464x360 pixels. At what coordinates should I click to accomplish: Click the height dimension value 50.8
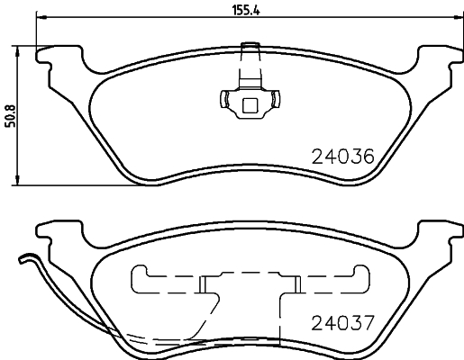click(x=11, y=114)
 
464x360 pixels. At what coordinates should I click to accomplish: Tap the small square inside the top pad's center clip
click(x=250, y=106)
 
